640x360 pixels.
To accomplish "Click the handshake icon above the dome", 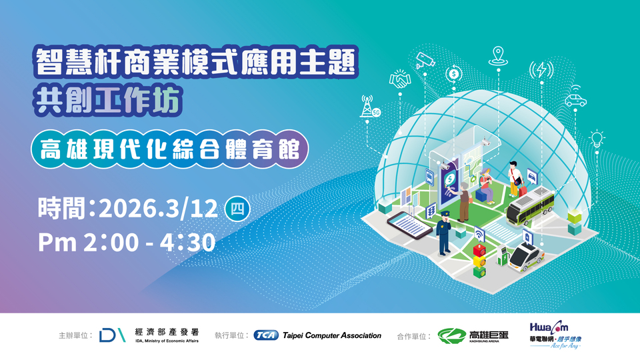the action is pyautogui.click(x=399, y=79).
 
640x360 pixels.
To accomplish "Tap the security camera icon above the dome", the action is pyautogui.click(x=425, y=60).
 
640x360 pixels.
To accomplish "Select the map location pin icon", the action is pyautogui.click(x=498, y=56).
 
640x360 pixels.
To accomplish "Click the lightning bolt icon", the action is pyautogui.click(x=541, y=70).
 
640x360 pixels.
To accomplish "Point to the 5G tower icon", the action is pyautogui.click(x=369, y=106).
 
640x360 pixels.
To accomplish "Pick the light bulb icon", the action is pyautogui.click(x=597, y=139).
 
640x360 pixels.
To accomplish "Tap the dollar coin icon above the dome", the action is pyautogui.click(x=453, y=74).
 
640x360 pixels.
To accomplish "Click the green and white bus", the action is pyautogui.click(x=530, y=207).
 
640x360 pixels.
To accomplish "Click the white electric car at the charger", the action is pyautogui.click(x=527, y=256).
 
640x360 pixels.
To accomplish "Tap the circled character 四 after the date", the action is pyautogui.click(x=237, y=209).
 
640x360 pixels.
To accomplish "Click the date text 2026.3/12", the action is pyautogui.click(x=159, y=209).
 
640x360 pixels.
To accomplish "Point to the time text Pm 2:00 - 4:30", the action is pyautogui.click(x=127, y=242).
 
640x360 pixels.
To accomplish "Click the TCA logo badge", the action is pyautogui.click(x=266, y=335).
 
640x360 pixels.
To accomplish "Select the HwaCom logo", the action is pyautogui.click(x=555, y=334).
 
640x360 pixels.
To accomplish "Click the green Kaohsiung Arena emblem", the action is pyautogui.click(x=451, y=335).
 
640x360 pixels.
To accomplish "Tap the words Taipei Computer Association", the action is pyautogui.click(x=332, y=335).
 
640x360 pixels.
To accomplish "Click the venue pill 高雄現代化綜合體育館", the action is pyautogui.click(x=169, y=149).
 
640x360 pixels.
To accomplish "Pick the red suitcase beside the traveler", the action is pyautogui.click(x=522, y=190).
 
